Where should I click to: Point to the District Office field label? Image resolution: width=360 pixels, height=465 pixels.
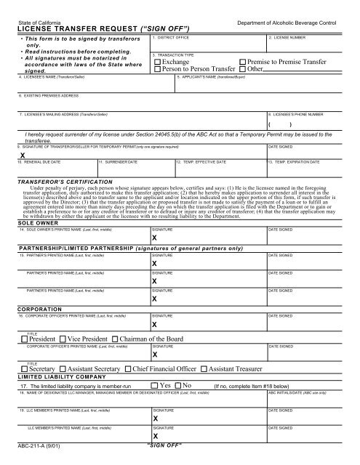click(174, 36)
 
